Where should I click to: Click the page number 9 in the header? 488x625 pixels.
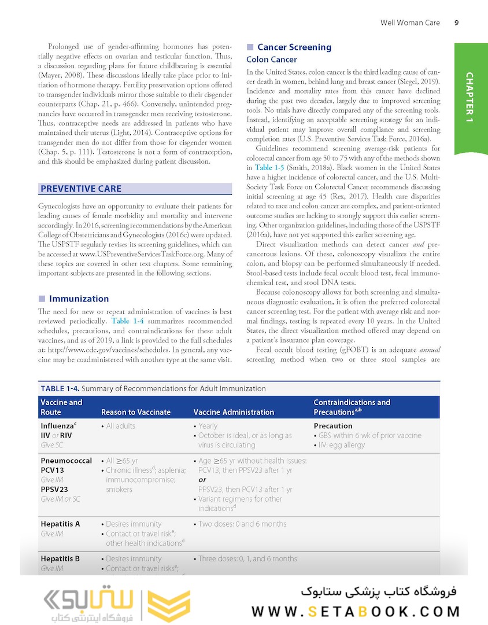click(456, 23)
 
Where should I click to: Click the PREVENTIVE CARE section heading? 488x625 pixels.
click(81, 189)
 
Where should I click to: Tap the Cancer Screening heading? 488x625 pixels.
click(294, 47)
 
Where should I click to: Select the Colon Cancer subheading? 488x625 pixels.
click(271, 60)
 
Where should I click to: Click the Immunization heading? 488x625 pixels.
click(79, 299)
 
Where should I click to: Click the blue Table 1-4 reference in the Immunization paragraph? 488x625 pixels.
click(128, 321)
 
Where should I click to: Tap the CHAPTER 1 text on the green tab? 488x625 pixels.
click(469, 97)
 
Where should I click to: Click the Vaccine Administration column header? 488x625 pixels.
click(233, 412)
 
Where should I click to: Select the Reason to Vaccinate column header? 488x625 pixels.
click(135, 412)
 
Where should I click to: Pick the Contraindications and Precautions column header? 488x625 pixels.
click(352, 407)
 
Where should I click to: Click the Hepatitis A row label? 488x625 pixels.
click(60, 524)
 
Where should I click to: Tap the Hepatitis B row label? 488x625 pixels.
click(60, 558)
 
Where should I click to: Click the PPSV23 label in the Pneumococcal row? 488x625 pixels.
click(54, 489)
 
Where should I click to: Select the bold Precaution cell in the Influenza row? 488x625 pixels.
click(332, 426)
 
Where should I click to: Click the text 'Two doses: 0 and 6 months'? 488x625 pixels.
click(242, 524)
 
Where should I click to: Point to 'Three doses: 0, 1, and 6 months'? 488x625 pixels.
click(247, 558)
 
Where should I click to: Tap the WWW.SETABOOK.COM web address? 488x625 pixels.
click(356, 611)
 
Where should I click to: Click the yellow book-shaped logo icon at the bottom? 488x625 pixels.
click(168, 606)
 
